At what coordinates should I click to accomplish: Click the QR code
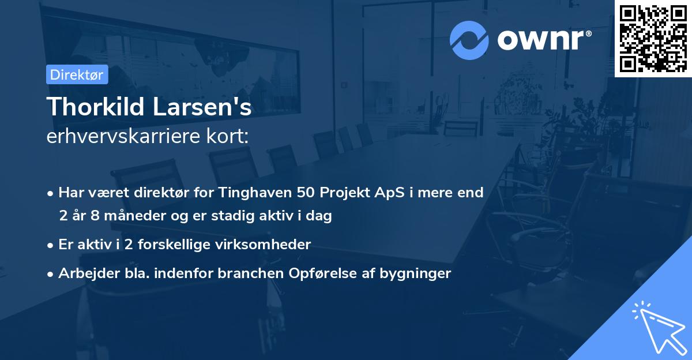653,38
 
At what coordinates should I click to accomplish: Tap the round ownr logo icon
469,40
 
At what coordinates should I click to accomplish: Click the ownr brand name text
544,40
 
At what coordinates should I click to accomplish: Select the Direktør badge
77,74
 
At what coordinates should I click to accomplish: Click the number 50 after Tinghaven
304,192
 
